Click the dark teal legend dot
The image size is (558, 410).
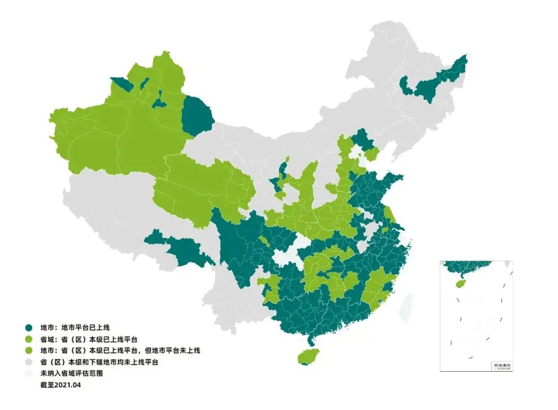coord(29,327)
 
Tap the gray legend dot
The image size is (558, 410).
coord(29,362)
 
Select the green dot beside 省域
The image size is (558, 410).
coord(29,339)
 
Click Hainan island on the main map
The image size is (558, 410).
coord(308,356)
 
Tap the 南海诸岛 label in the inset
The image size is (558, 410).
coord(501,366)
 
